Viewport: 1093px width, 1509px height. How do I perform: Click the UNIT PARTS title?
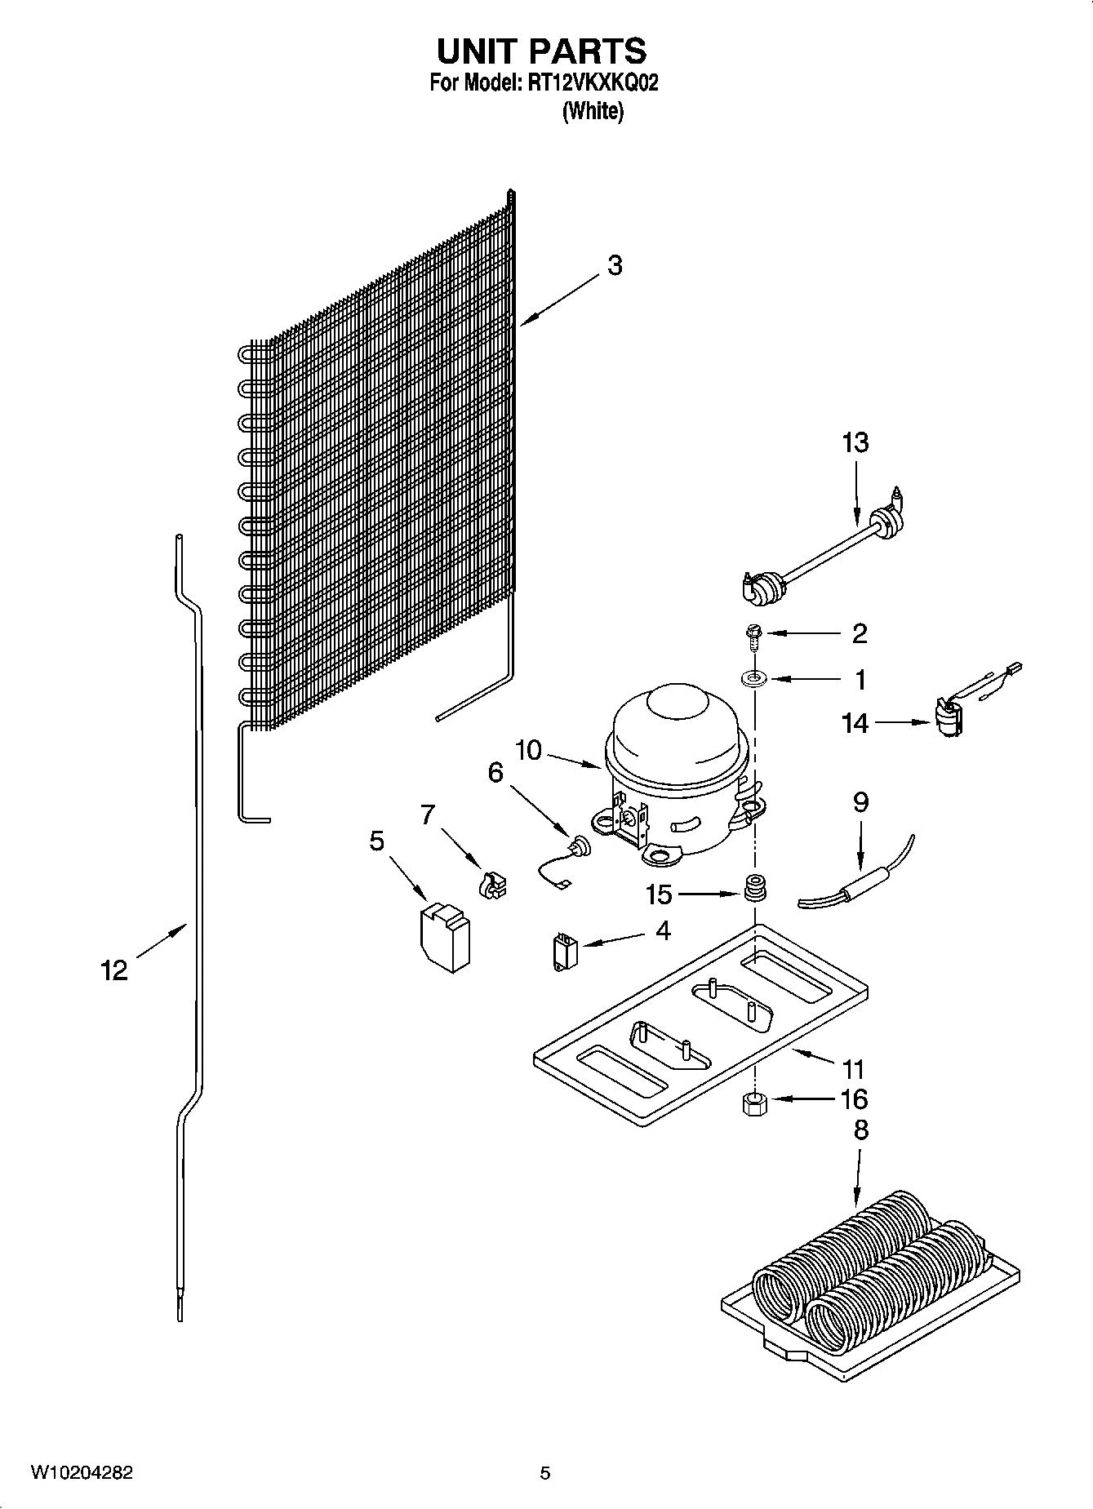(541, 51)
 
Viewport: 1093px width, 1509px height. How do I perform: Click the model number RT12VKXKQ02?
(587, 83)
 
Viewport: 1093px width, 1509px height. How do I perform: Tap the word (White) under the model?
(593, 112)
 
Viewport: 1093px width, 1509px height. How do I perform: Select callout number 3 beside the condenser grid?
(615, 265)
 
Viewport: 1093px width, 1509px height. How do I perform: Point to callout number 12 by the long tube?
(114, 970)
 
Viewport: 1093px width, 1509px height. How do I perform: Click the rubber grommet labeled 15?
(756, 888)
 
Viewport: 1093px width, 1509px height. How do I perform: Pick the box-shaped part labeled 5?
(446, 936)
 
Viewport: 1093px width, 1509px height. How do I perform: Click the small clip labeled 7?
(492, 886)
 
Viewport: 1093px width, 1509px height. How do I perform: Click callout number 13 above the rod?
(855, 443)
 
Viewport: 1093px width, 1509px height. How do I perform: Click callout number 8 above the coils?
(860, 1130)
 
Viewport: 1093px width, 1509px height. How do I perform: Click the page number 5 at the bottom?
(545, 1474)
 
